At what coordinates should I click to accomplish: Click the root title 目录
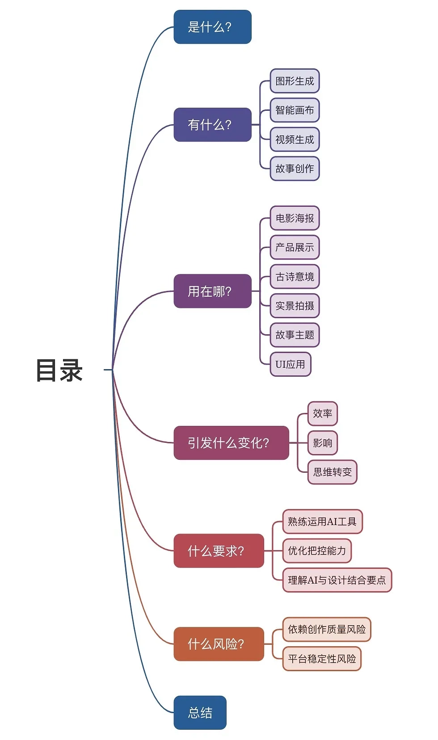pyautogui.click(x=59, y=370)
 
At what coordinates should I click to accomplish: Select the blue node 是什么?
pyautogui.click(x=212, y=27)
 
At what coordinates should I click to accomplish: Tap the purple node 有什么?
pyautogui.click(x=212, y=125)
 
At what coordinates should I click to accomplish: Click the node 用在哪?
pyautogui.click(x=212, y=291)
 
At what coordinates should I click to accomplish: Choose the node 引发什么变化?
pyautogui.click(x=231, y=443)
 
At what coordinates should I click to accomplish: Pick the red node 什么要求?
pyautogui.click(x=219, y=551)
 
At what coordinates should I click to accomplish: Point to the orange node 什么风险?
pyautogui.click(x=219, y=644)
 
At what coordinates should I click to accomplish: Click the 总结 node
pyautogui.click(x=200, y=712)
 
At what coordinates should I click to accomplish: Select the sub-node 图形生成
pyautogui.click(x=295, y=81)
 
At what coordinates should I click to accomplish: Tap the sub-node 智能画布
pyautogui.click(x=295, y=110)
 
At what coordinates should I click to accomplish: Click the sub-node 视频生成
pyautogui.click(x=295, y=139)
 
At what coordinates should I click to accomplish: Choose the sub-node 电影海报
pyautogui.click(x=295, y=218)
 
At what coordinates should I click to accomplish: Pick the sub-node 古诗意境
pyautogui.click(x=295, y=277)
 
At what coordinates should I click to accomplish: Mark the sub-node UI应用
pyautogui.click(x=290, y=364)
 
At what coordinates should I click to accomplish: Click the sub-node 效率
pyautogui.click(x=322, y=413)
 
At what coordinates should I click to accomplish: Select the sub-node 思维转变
pyautogui.click(x=332, y=472)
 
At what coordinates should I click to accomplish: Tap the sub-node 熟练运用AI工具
pyautogui.click(x=322, y=521)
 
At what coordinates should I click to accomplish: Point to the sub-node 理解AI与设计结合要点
pyautogui.click(x=337, y=580)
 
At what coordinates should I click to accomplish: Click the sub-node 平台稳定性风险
pyautogui.click(x=322, y=659)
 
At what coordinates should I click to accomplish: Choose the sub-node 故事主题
pyautogui.click(x=295, y=335)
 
